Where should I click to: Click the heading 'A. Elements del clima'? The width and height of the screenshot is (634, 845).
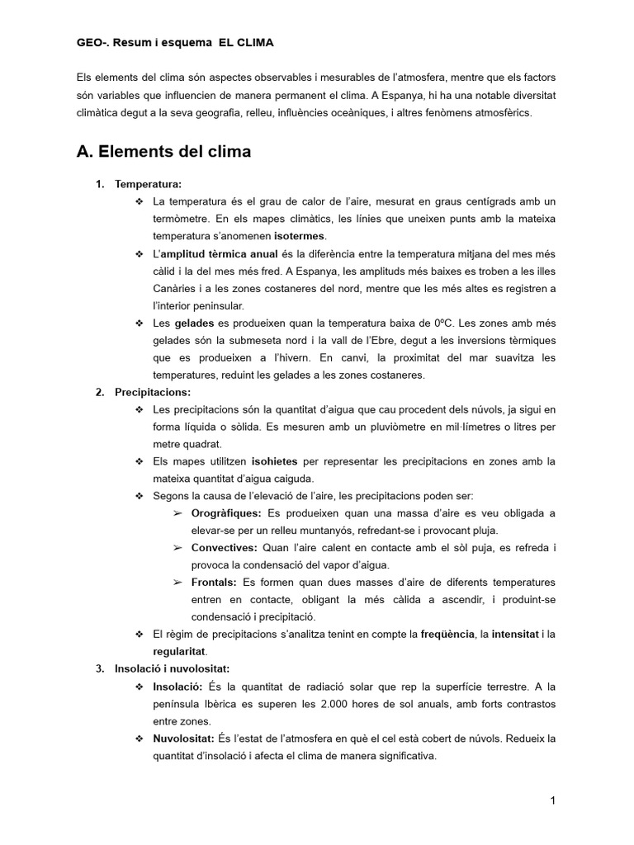163,152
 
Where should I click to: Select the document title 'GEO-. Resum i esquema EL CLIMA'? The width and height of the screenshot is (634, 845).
175,42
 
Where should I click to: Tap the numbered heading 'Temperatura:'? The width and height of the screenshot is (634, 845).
148,184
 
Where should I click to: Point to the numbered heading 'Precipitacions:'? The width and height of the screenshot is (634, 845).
153,392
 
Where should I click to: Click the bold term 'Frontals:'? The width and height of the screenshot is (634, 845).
214,583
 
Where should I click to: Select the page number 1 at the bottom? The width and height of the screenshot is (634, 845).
553,801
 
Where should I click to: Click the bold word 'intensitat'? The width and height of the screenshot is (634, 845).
516,634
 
